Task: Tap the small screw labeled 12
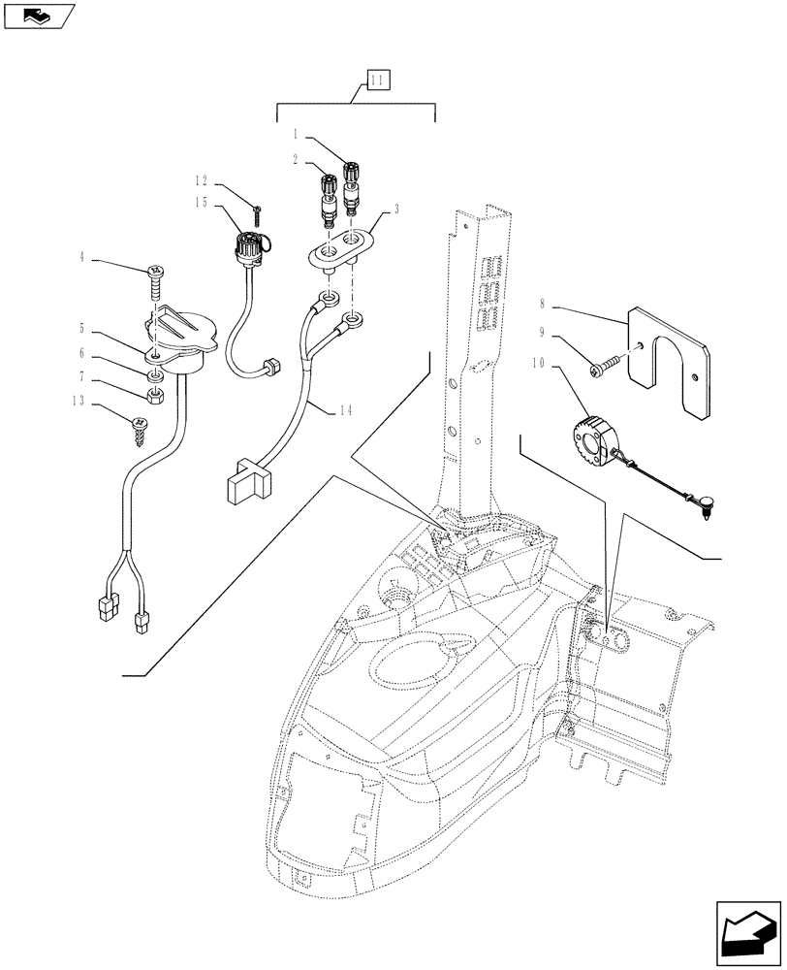click(x=258, y=210)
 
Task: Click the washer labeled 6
click(x=155, y=375)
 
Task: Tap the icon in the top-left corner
click(x=39, y=16)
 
